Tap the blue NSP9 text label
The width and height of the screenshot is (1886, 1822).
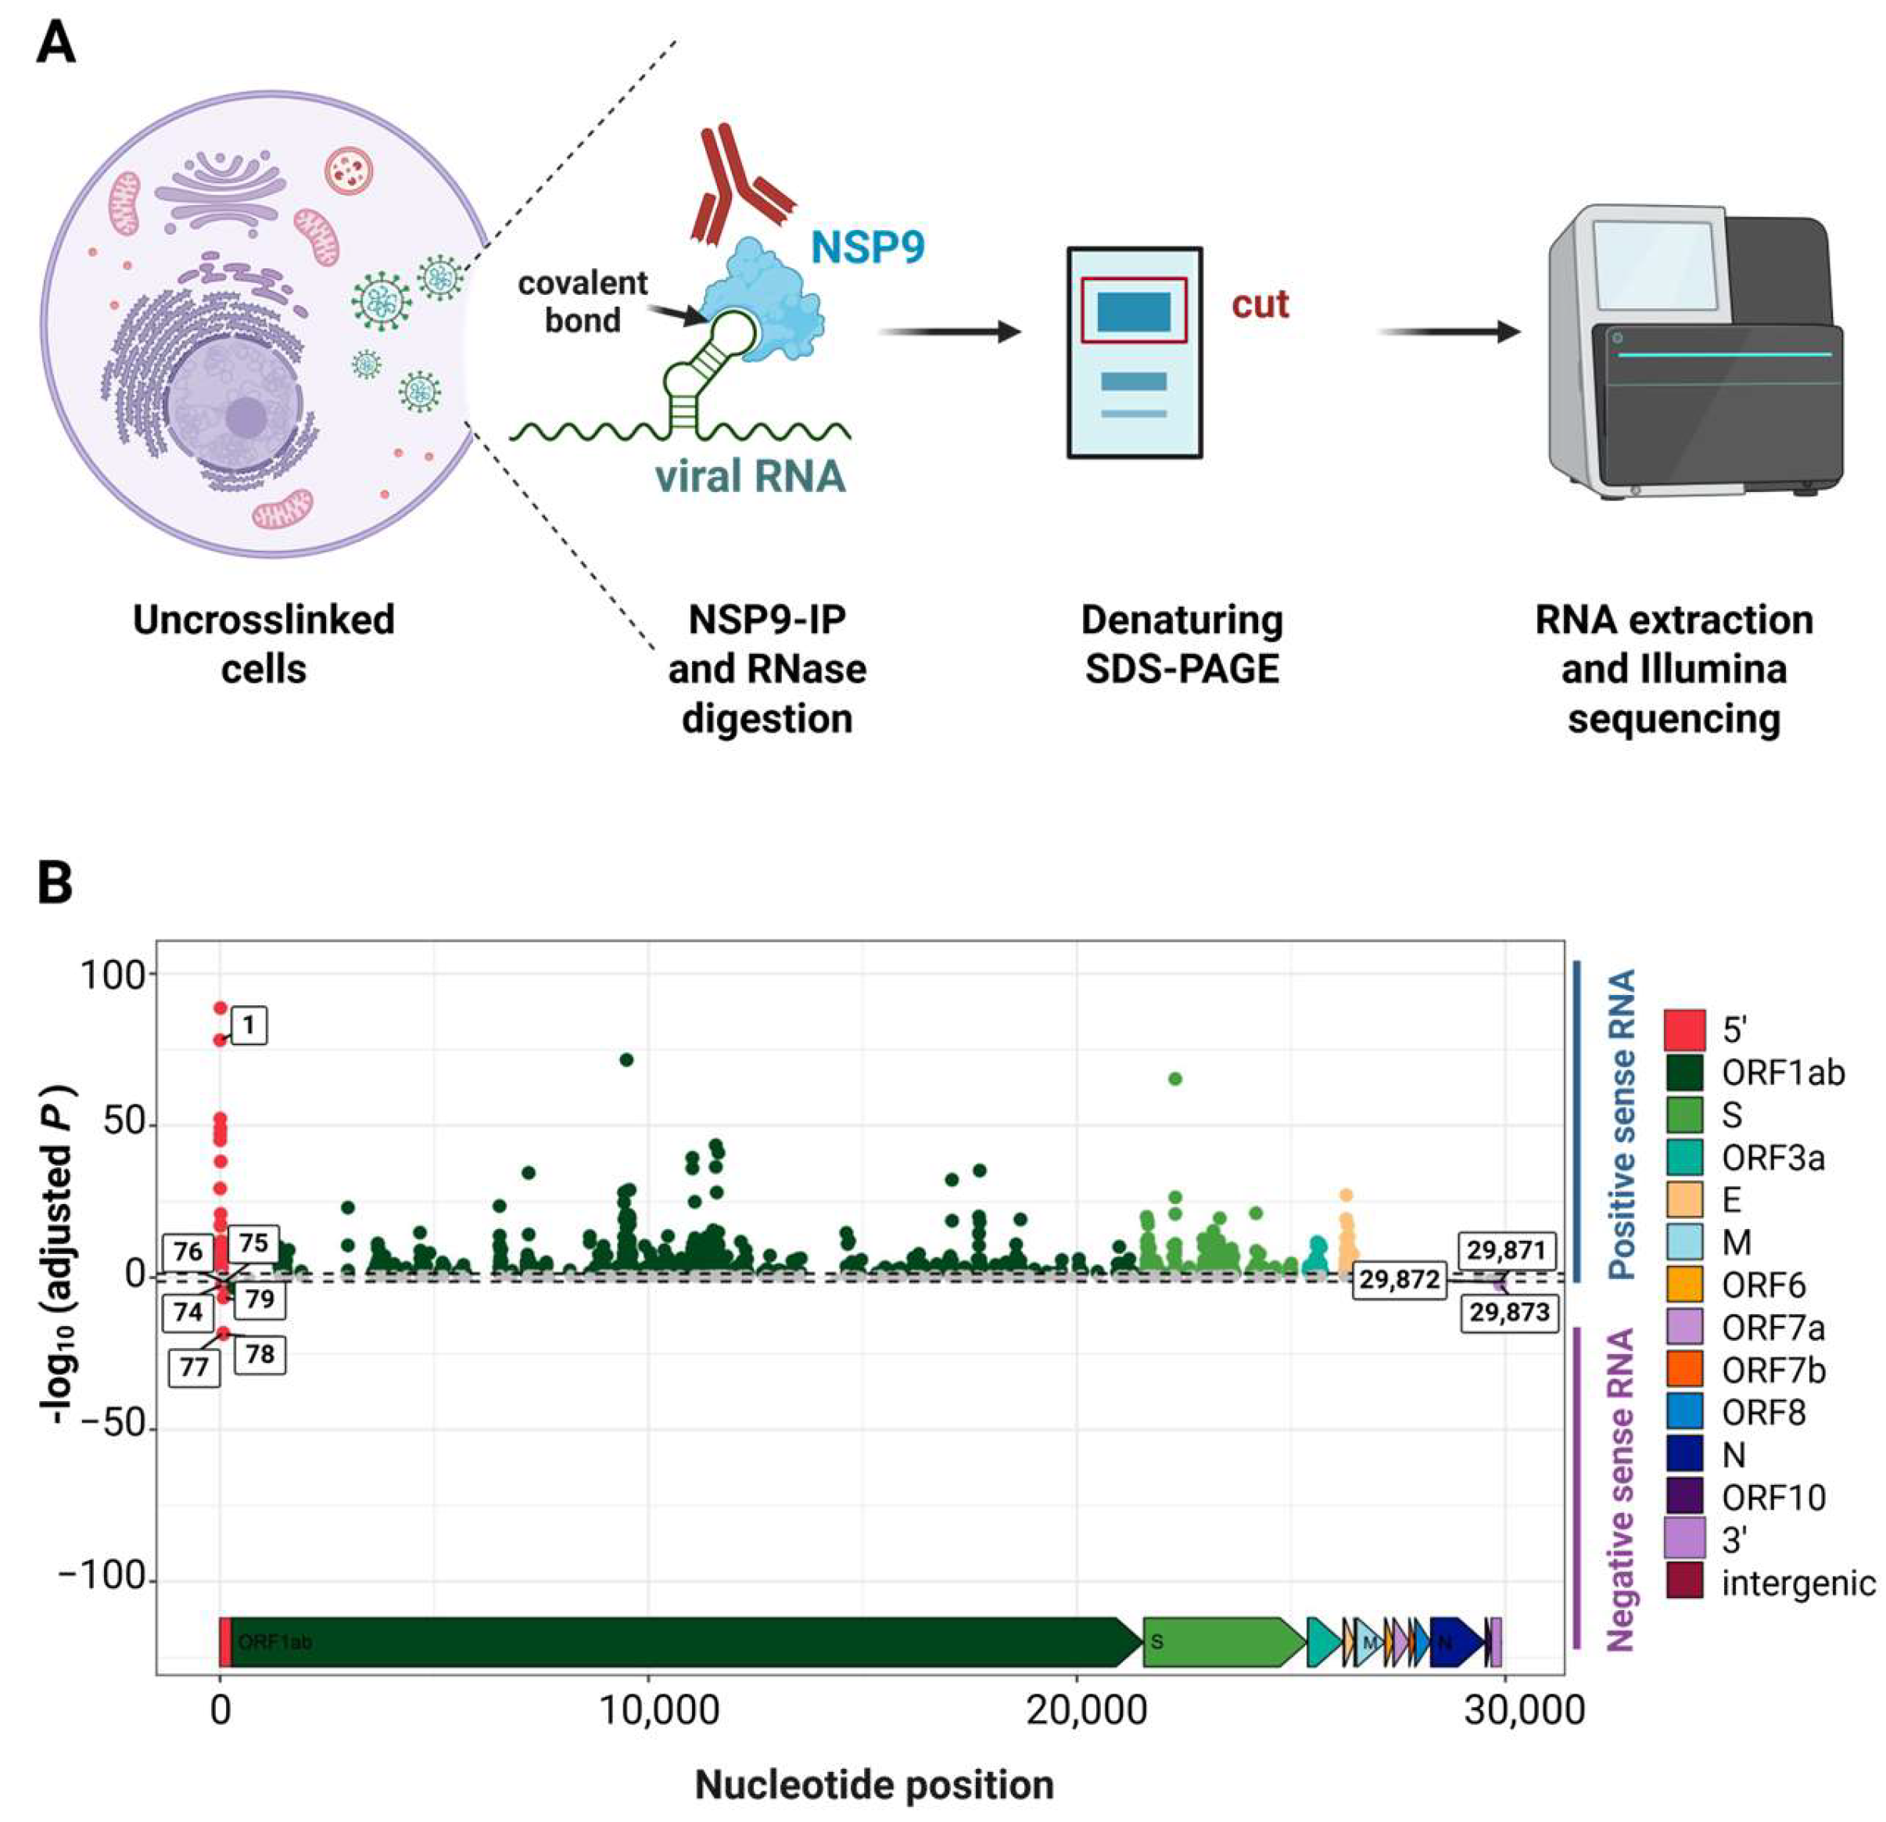pyautogui.click(x=867, y=247)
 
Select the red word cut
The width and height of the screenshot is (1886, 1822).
pyautogui.click(x=1260, y=304)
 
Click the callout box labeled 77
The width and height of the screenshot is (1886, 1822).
pyautogui.click(x=195, y=1367)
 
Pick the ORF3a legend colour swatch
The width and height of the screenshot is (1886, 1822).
pyautogui.click(x=1684, y=1157)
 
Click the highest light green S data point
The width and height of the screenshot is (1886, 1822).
pyautogui.click(x=1175, y=1079)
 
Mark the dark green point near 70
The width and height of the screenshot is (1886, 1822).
pyautogui.click(x=626, y=1060)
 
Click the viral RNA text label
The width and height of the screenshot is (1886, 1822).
pyautogui.click(x=750, y=476)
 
